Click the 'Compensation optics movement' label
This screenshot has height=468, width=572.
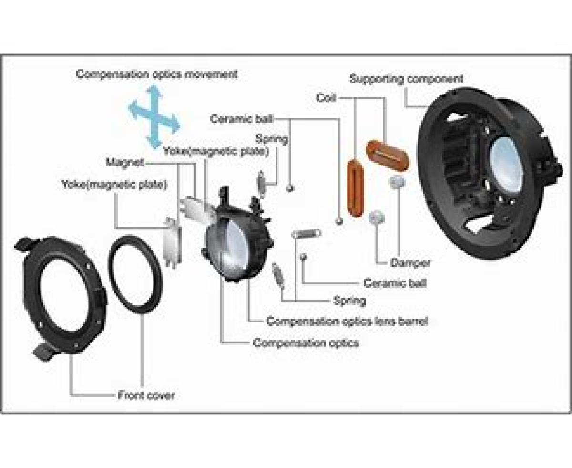tap(157, 74)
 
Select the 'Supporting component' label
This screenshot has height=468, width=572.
tap(406, 79)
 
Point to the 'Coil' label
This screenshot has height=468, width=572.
tap(326, 98)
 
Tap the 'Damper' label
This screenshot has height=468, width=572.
tap(410, 262)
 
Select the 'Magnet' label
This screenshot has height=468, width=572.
tap(124, 163)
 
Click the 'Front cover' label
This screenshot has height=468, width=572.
tap(146, 395)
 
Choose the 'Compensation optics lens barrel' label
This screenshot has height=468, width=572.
tap(347, 321)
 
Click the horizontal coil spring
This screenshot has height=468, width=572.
tap(306, 233)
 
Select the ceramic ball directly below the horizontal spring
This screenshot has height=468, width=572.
tap(304, 257)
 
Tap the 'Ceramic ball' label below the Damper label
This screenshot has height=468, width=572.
tap(395, 283)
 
